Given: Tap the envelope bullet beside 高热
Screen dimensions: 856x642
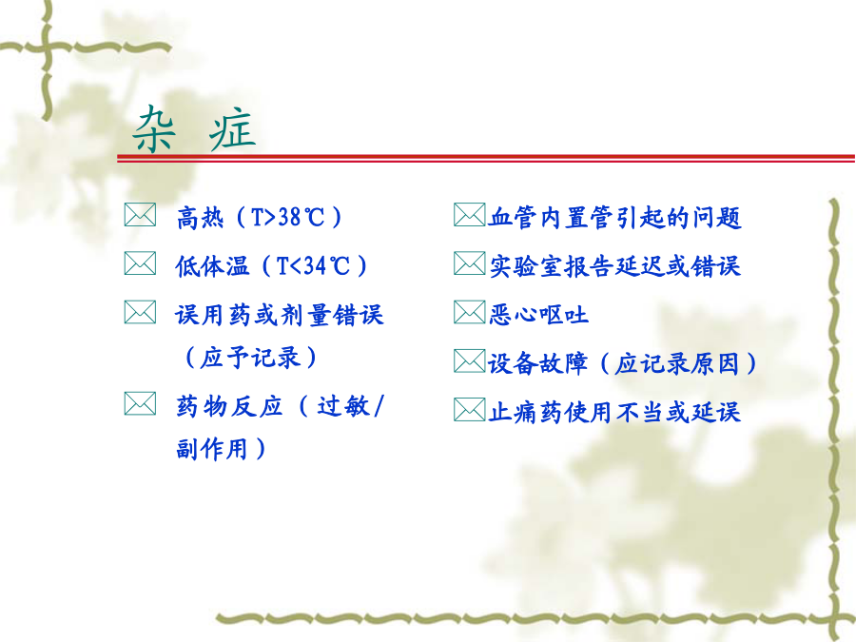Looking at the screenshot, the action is pos(141,215).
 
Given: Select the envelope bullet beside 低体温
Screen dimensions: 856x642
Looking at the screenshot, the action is pos(141,263).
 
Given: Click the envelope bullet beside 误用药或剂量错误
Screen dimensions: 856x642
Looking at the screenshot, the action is pos(141,312).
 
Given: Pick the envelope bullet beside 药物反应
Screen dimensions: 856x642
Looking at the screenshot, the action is pos(141,404).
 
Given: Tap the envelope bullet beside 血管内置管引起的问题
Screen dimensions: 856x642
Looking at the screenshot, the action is pos(470,215).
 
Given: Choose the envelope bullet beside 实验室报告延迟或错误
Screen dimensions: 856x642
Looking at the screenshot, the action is pos(470,263).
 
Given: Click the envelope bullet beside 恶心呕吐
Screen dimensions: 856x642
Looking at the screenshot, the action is pos(470,312).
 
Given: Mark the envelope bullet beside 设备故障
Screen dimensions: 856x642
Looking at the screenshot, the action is pos(470,360).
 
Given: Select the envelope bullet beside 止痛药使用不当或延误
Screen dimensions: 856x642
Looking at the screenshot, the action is pos(470,410).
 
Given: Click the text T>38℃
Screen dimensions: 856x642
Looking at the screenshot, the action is pos(287,217).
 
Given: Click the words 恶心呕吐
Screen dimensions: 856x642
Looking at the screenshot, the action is pos(538,315).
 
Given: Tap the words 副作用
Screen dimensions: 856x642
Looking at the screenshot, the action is pos(212,449).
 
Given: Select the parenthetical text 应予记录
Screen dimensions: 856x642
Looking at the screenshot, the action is pos(250,359).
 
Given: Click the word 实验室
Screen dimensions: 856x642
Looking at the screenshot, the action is pos(525,266).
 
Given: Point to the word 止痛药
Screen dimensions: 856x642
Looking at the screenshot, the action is pos(525,412).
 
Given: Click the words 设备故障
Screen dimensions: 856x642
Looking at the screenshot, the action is pos(537,363).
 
